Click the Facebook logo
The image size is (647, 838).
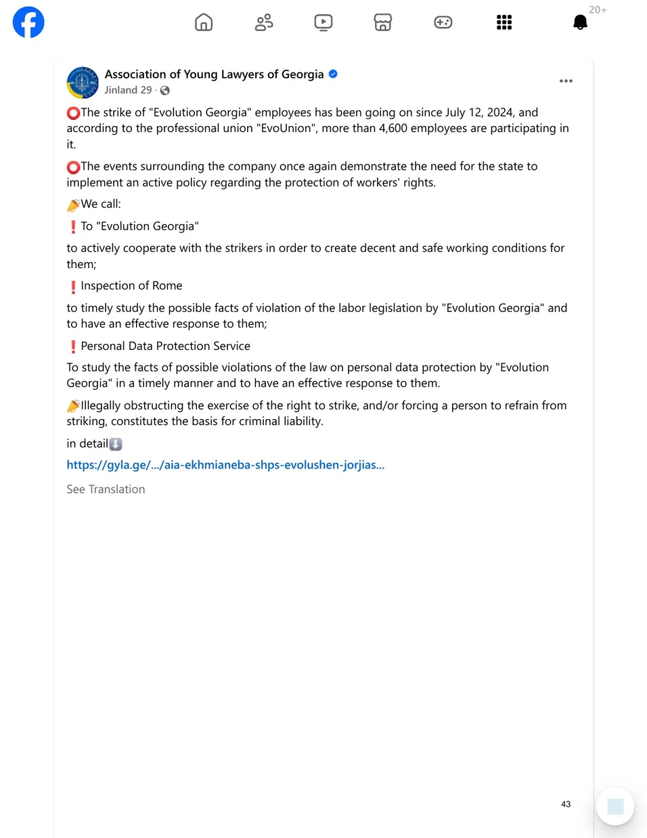click(x=28, y=22)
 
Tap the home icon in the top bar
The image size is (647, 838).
click(x=204, y=22)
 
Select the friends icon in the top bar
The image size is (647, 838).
click(x=264, y=22)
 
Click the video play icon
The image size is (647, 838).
click(x=323, y=22)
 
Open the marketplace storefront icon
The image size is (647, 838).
click(x=383, y=22)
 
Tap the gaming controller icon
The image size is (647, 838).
click(x=443, y=22)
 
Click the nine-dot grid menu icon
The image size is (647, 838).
click(x=504, y=22)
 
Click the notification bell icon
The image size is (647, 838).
click(x=580, y=22)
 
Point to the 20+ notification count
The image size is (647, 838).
click(x=598, y=9)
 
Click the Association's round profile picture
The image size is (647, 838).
click(x=83, y=83)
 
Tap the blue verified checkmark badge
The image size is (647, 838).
click(x=333, y=74)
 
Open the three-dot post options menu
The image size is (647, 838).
click(x=566, y=81)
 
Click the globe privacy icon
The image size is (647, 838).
click(x=165, y=91)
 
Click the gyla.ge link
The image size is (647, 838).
click(x=225, y=465)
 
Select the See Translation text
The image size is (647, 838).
click(x=106, y=489)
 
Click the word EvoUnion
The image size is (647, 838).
click(x=286, y=128)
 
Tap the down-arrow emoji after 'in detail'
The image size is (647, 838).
click(x=116, y=444)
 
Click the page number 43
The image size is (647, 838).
click(x=566, y=804)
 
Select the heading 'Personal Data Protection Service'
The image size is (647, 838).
click(x=165, y=346)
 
